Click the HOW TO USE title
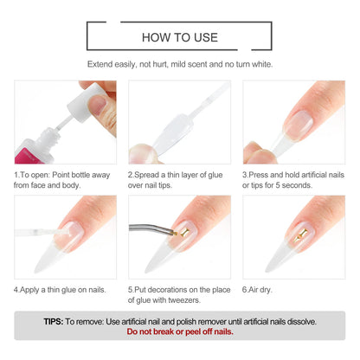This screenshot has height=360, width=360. (x=180, y=37)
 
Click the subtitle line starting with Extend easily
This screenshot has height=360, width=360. (x=180, y=65)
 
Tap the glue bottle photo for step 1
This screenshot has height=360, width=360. (x=65, y=122)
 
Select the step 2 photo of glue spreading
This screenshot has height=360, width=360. (x=179, y=122)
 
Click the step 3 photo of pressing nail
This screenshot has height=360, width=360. (x=293, y=122)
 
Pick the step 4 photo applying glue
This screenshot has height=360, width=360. (x=65, y=235)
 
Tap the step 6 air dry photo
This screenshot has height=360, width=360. (x=293, y=235)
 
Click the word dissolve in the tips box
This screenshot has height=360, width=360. (x=298, y=320)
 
